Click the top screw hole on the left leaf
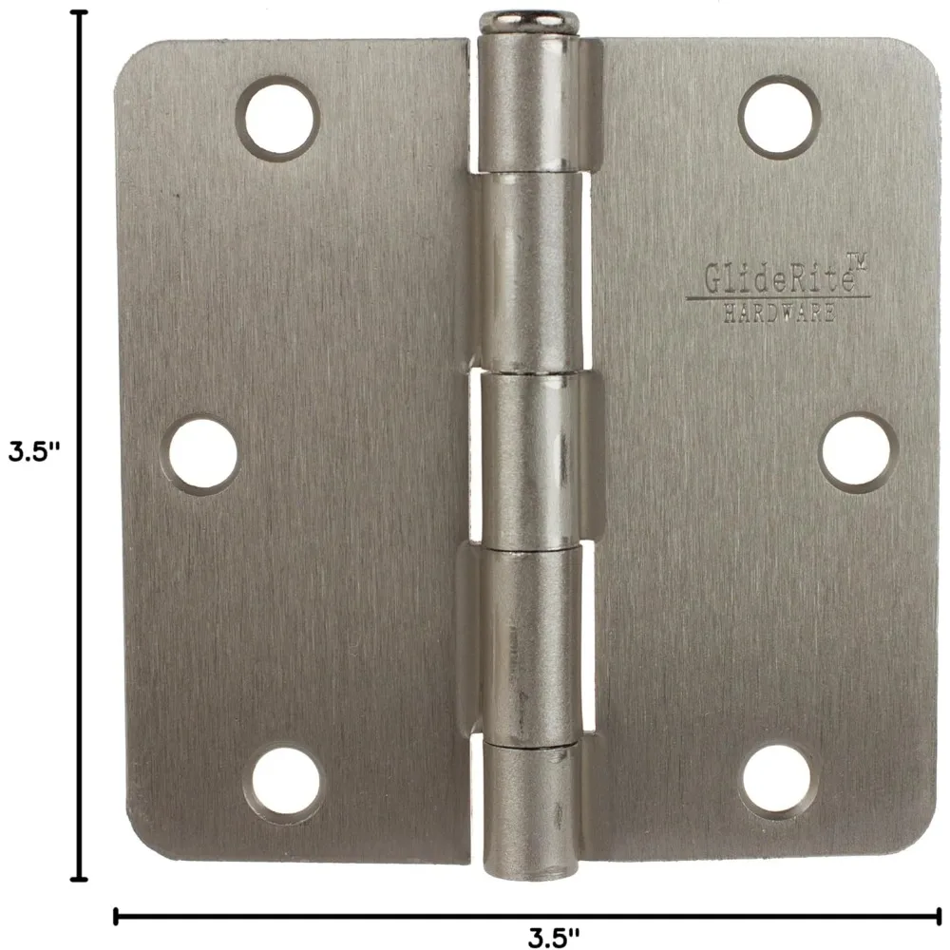pyautogui.click(x=278, y=118)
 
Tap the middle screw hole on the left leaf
pyautogui.click(x=202, y=454)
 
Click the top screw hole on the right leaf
pyautogui.click(x=780, y=117)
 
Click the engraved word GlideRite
pyautogui.click(x=779, y=278)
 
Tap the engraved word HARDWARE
pyautogui.click(x=779, y=313)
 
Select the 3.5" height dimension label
pyautogui.click(x=34, y=451)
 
